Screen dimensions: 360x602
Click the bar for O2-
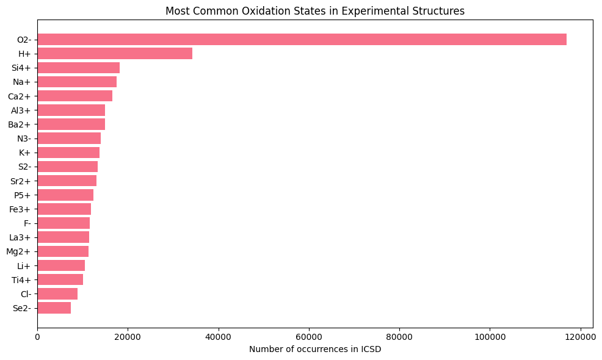point(302,40)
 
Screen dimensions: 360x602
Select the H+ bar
point(115,54)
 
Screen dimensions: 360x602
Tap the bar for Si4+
point(79,68)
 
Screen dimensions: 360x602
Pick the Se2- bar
point(54,308)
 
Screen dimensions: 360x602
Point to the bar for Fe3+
point(64,209)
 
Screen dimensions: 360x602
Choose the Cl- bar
point(57,294)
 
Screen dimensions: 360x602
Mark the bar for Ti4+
point(60,279)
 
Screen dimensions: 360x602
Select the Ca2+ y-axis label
point(20,96)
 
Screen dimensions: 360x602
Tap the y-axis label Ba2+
point(20,124)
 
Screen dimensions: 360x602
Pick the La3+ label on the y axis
point(20,237)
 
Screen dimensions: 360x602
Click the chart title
point(315,10)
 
